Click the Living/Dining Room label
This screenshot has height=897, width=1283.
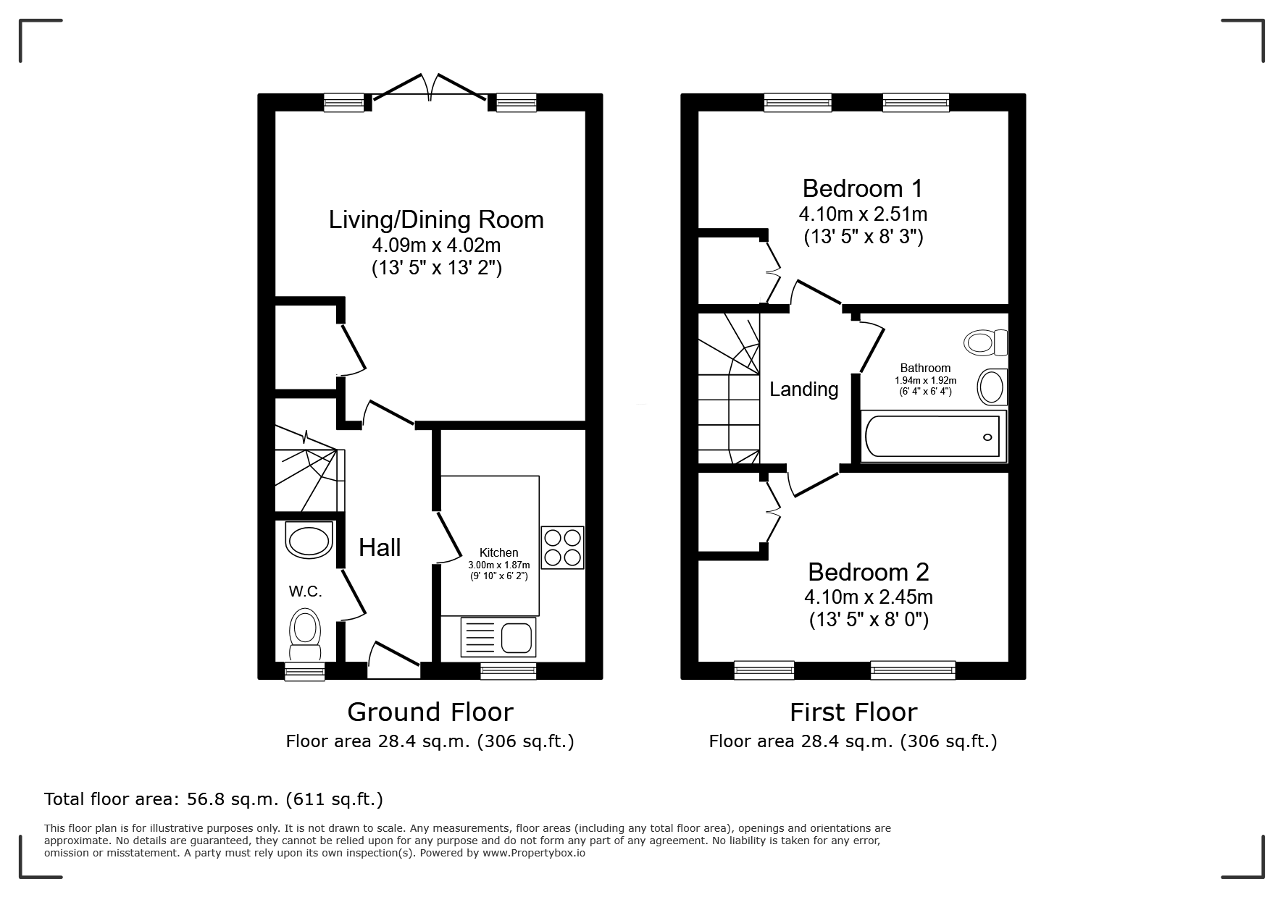tap(436, 219)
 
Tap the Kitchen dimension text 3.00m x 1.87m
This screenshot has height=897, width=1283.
tap(499, 565)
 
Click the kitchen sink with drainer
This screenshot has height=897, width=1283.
tap(498, 638)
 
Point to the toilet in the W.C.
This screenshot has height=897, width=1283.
tap(305, 635)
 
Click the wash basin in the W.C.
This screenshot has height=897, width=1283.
tap(309, 539)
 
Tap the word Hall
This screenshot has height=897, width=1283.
tap(380, 548)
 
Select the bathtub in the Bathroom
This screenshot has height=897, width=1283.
tap(933, 436)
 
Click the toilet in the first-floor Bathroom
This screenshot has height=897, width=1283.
tap(987, 342)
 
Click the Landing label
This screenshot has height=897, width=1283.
tap(803, 389)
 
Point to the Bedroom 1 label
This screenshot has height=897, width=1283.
tap(863, 188)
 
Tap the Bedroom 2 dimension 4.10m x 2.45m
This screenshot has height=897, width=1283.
tap(869, 597)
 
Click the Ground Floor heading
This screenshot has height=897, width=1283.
tap(430, 712)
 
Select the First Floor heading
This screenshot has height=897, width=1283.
tap(853, 712)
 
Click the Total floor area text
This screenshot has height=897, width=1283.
tap(214, 799)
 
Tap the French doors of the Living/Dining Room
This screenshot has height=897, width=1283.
tap(430, 90)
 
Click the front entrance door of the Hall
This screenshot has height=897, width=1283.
tap(393, 660)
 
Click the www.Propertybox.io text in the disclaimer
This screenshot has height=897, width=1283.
tap(534, 853)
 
